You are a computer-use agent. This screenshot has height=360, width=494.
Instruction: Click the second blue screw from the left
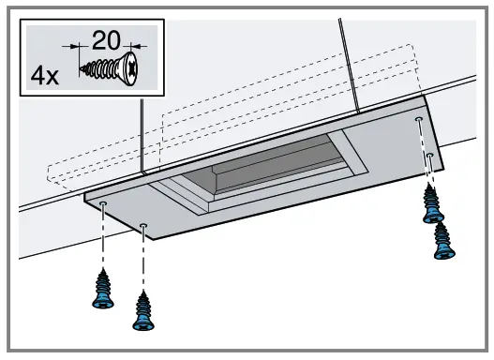tap(143, 310)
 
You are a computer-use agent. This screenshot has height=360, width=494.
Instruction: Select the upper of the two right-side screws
tap(432, 203)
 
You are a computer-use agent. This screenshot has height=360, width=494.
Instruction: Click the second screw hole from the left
tap(143, 226)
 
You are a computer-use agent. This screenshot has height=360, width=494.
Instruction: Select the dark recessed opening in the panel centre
tap(272, 168)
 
